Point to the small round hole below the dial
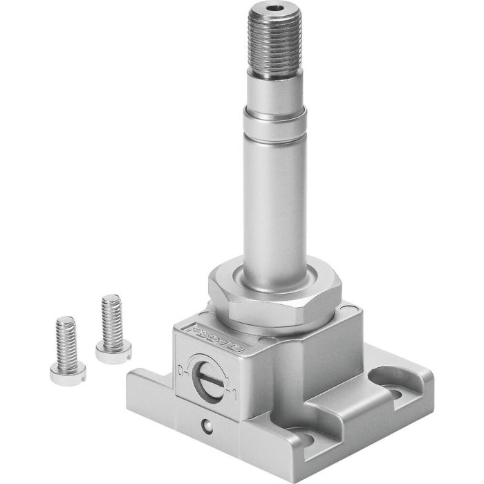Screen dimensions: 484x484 [206, 424]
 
